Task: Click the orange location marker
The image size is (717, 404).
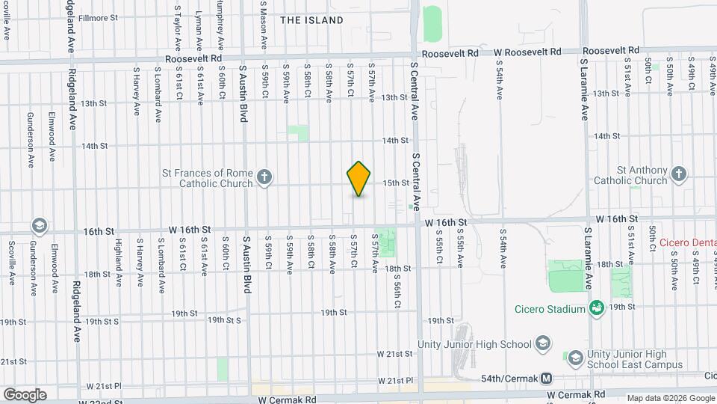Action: pos(358,179)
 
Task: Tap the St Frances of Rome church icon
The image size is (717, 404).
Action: pos(264,177)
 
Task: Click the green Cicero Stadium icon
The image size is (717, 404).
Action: pos(596,308)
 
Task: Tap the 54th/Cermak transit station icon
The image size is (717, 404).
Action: pos(547,379)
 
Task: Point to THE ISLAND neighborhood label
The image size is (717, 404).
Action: pos(311,20)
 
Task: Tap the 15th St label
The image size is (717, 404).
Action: pos(396,183)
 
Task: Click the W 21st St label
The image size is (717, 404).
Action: pos(395,353)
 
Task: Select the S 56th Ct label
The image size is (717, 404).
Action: pos(398,289)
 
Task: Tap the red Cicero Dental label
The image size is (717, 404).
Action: pos(688,243)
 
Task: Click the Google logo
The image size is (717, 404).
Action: pos(25,395)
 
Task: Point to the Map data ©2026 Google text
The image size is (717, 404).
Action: pos(669,398)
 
